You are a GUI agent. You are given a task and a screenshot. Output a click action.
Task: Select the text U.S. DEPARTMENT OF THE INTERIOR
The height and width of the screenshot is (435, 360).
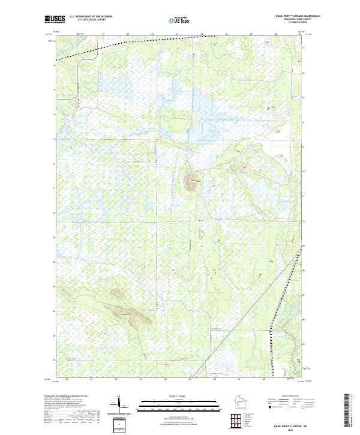(91, 17)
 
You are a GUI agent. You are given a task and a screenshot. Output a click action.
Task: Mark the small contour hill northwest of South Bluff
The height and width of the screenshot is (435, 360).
(116, 293)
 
